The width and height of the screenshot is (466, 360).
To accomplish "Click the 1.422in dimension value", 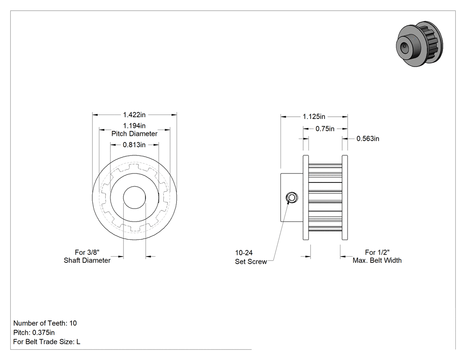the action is pos(134,115).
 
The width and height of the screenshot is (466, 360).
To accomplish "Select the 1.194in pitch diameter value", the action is pos(134,126).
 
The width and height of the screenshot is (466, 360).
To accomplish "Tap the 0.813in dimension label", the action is pos(134,145).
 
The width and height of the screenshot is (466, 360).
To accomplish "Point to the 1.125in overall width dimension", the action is pos(314,117).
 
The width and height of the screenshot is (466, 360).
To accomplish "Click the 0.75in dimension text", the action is pos(325,129).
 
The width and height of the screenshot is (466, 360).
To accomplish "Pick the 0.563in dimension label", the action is pos(368,138).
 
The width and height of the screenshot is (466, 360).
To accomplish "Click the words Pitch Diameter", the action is pos(134,134).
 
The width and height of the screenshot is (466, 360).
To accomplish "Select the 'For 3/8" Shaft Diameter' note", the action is pos(87,256).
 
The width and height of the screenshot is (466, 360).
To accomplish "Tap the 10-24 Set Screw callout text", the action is pos(251,257).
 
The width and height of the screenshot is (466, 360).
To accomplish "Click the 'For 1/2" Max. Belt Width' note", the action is pos(377,256).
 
